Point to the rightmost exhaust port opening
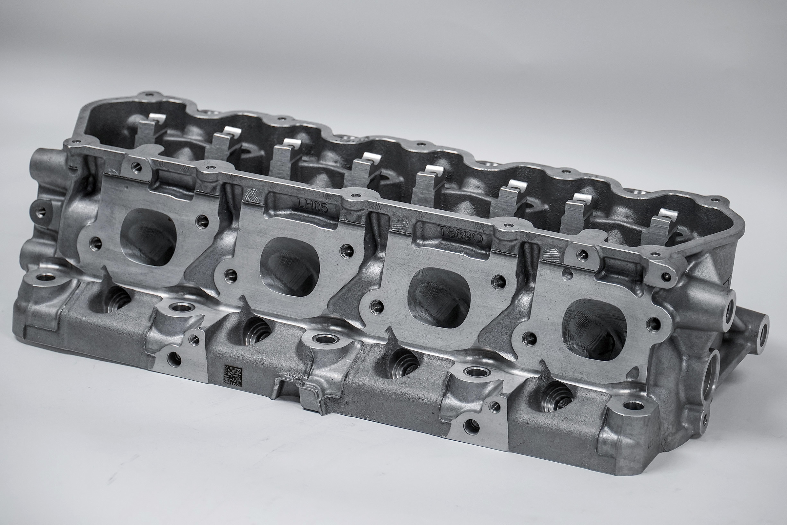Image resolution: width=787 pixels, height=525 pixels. [x=594, y=330]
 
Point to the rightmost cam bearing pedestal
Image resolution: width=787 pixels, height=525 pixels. [x=661, y=228]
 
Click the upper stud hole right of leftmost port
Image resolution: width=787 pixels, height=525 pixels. [x=202, y=221]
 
